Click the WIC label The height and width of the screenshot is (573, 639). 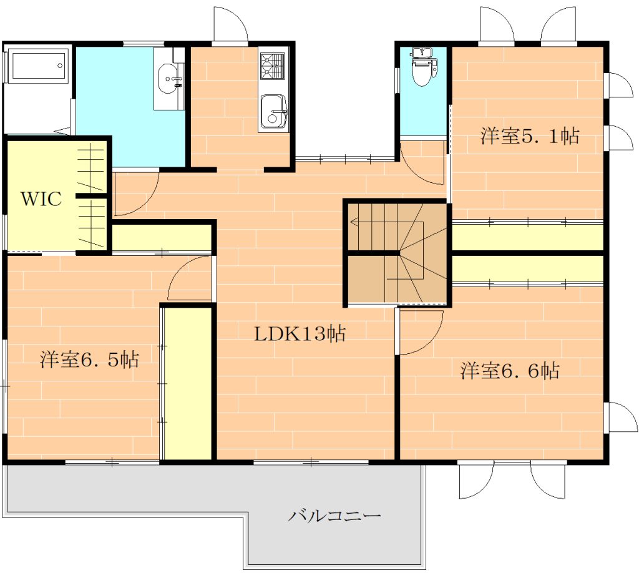point(41,199)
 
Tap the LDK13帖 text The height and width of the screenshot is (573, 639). point(300,334)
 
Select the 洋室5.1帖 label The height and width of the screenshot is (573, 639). point(530,135)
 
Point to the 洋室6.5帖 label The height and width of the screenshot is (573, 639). point(90,360)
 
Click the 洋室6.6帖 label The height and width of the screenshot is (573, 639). point(510,371)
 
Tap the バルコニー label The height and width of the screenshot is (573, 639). point(334,516)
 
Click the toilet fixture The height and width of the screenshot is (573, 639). point(424,66)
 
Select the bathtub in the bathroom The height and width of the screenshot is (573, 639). point(37,66)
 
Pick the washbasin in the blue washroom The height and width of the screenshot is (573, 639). point(170,79)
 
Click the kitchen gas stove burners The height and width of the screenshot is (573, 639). point(272,66)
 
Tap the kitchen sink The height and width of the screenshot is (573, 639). point(273,112)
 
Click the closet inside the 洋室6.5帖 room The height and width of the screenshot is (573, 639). point(187,383)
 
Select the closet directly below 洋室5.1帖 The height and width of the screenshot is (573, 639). point(527,237)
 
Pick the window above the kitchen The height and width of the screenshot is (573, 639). point(230,42)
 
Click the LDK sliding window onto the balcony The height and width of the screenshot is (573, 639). point(311,462)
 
